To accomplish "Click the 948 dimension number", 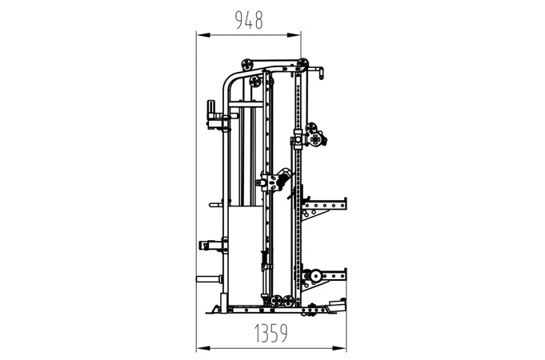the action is (x=249, y=20).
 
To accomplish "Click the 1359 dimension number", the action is (x=271, y=333).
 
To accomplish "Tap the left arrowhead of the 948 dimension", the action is (x=203, y=35).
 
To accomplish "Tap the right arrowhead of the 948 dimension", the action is (x=294, y=35).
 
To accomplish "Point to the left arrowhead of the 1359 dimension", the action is (x=203, y=348).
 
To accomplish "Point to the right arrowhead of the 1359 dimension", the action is (x=339, y=348).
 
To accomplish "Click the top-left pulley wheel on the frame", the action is (x=247, y=65).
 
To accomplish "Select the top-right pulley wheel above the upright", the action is (x=303, y=63).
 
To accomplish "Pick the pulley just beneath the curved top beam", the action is (x=255, y=82).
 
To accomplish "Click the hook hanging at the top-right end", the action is (x=321, y=73).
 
